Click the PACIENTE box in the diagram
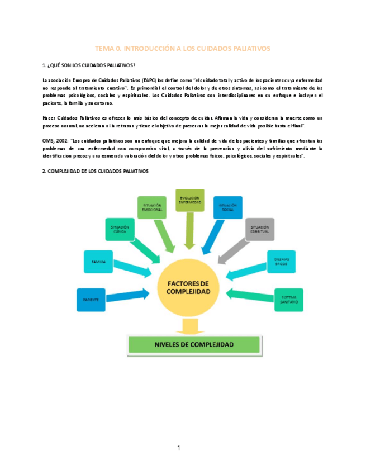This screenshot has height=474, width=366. click(x=91, y=300)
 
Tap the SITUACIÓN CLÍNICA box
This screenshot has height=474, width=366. click(x=120, y=230)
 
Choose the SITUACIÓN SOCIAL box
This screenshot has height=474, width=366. click(x=227, y=207)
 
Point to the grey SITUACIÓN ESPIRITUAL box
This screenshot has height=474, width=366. click(x=260, y=229)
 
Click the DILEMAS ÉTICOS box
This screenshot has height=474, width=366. click(x=281, y=260)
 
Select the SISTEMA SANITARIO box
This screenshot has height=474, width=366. click(x=289, y=300)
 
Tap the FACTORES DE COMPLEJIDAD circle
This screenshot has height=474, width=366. click(x=189, y=288)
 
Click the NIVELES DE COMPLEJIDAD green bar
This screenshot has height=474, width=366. click(x=194, y=345)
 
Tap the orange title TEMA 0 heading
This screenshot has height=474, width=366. click(x=183, y=49)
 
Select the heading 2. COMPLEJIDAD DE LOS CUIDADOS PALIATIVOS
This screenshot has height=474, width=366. click(x=96, y=172)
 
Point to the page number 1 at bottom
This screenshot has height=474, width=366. click(x=179, y=448)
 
